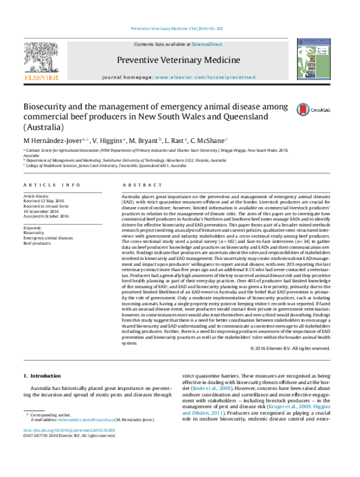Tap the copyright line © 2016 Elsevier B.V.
[x=289, y=348]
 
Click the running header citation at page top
[x=179, y=28]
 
